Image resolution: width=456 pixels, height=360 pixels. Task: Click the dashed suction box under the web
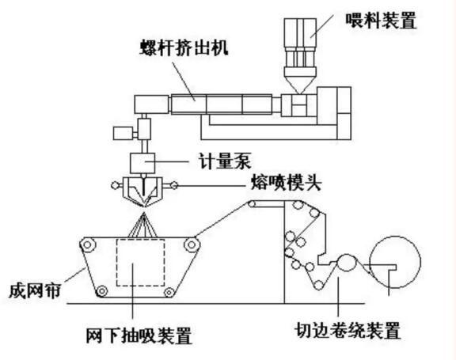pos(140,262)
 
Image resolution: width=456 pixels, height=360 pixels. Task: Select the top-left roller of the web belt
pos(88,246)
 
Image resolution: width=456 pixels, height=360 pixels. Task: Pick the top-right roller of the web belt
pos(192,246)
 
